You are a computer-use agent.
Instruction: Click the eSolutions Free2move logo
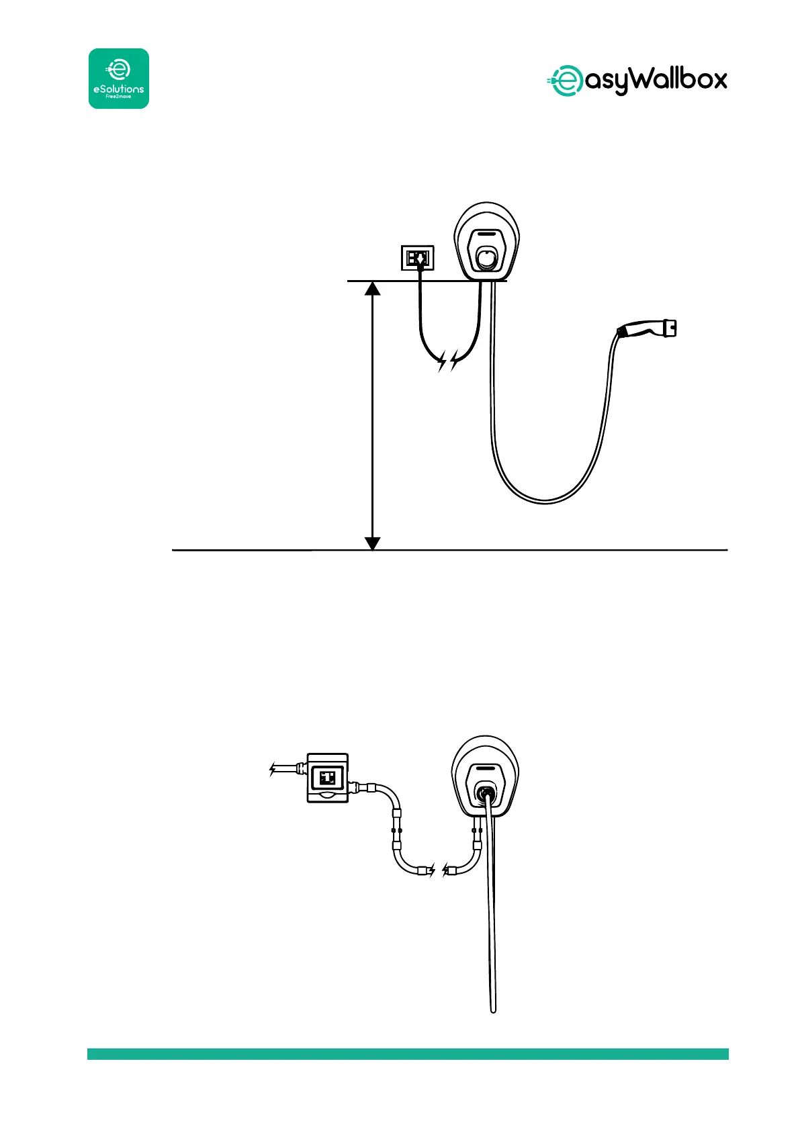point(119,79)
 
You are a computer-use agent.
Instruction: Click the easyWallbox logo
point(635,81)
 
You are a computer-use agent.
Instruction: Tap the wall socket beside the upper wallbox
point(418,258)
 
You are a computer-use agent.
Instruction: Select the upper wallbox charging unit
point(486,242)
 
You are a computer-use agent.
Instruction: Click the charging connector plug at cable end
point(647,328)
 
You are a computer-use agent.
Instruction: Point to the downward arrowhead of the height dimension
point(372,543)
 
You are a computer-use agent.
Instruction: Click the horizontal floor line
point(537,550)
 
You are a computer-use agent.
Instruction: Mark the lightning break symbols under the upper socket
point(448,363)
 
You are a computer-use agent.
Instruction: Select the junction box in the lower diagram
point(327,778)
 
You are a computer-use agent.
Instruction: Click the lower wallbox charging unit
point(486,779)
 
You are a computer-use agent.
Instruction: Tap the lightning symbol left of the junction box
point(273,769)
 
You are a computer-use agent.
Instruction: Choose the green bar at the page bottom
point(408,1054)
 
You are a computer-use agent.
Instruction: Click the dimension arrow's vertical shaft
point(372,416)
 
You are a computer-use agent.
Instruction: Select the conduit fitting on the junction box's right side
point(359,787)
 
